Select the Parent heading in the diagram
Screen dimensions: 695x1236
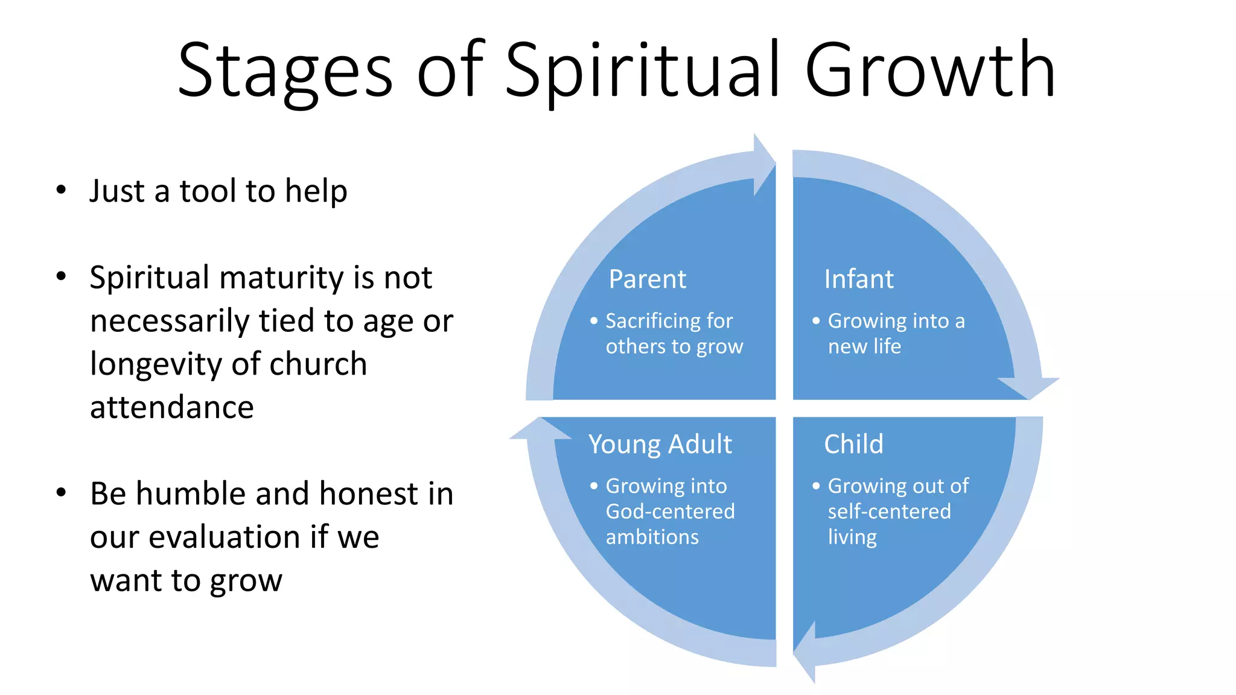pyautogui.click(x=647, y=279)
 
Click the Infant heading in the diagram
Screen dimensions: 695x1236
pyautogui.click(x=858, y=279)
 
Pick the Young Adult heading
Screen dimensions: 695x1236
pyautogui.click(x=660, y=445)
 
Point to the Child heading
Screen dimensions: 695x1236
pyautogui.click(x=853, y=444)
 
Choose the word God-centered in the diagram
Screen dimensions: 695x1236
pyautogui.click(x=670, y=512)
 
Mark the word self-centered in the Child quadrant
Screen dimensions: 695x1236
pyautogui.click(x=889, y=512)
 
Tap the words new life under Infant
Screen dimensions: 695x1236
pyautogui.click(x=864, y=347)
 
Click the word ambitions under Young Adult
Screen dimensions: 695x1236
pyautogui.click(x=652, y=537)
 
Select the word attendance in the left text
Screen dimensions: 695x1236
pyautogui.click(x=172, y=408)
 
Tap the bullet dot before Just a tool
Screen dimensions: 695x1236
pyautogui.click(x=61, y=190)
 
